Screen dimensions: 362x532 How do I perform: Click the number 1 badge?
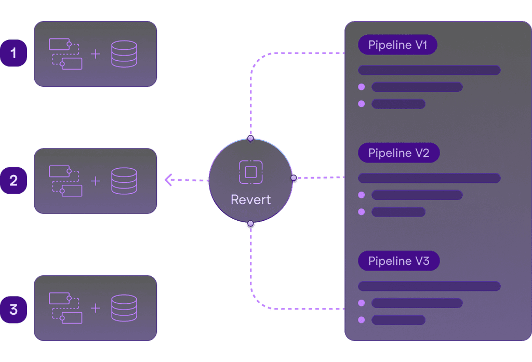14,53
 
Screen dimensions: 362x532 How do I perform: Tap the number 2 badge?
14,181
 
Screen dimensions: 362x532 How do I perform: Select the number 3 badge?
14,310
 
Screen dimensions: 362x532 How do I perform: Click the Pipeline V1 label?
397,45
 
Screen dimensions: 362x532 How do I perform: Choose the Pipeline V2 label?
398,153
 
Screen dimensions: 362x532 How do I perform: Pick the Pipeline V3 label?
398,261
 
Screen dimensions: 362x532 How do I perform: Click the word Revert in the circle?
251,200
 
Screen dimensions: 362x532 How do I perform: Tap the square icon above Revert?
251,172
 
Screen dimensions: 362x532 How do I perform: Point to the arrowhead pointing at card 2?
168,180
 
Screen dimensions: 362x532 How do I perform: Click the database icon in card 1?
124,53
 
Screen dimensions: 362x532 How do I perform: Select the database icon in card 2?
124,181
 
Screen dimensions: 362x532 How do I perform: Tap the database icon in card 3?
124,308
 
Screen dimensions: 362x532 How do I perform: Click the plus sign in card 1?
96,53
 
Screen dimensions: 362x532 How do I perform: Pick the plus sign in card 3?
96,308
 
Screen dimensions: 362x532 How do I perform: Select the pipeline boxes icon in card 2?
65,181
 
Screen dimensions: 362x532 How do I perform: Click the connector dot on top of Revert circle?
250,139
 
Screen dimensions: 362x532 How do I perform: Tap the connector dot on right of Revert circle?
294,178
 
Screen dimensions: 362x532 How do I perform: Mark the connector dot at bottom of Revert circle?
250,224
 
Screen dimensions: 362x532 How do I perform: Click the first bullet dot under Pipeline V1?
362,87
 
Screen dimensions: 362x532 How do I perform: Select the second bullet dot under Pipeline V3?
362,319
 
